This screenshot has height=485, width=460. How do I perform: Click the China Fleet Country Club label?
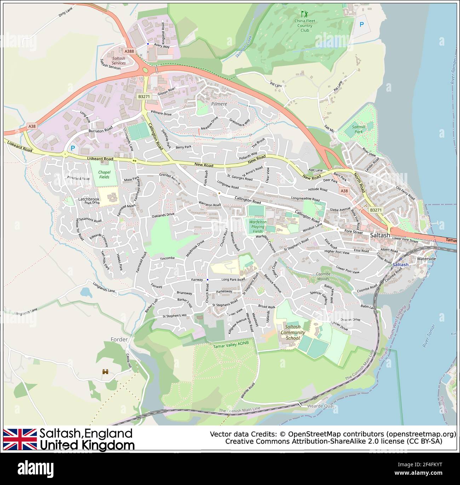click(305, 25)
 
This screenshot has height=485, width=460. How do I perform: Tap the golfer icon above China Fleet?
click(304, 14)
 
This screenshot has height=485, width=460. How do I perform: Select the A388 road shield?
click(130, 51)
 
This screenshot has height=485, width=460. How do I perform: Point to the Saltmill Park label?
click(358, 129)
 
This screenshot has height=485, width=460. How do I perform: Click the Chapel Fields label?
click(104, 175)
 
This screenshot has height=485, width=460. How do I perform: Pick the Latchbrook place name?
click(89, 199)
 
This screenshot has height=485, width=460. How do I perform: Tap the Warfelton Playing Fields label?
click(258, 226)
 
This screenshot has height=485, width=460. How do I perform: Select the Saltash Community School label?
click(293, 333)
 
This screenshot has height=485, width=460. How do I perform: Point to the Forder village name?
click(119, 340)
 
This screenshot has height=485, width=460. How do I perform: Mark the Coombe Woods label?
click(323, 276)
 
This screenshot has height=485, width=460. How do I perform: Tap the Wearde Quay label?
click(321, 406)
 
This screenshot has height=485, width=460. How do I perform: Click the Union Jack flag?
click(20, 439)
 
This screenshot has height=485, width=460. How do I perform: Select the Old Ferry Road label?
click(405, 193)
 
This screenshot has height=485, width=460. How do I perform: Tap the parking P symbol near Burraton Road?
click(73, 149)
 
